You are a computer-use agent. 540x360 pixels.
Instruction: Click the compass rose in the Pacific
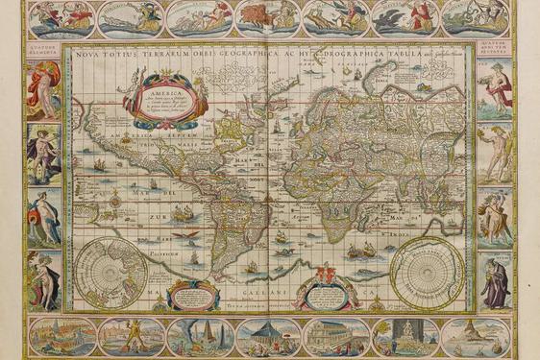[117, 201]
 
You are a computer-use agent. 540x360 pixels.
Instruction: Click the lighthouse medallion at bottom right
[473, 336]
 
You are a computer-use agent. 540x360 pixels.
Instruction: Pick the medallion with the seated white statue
[404, 336]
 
